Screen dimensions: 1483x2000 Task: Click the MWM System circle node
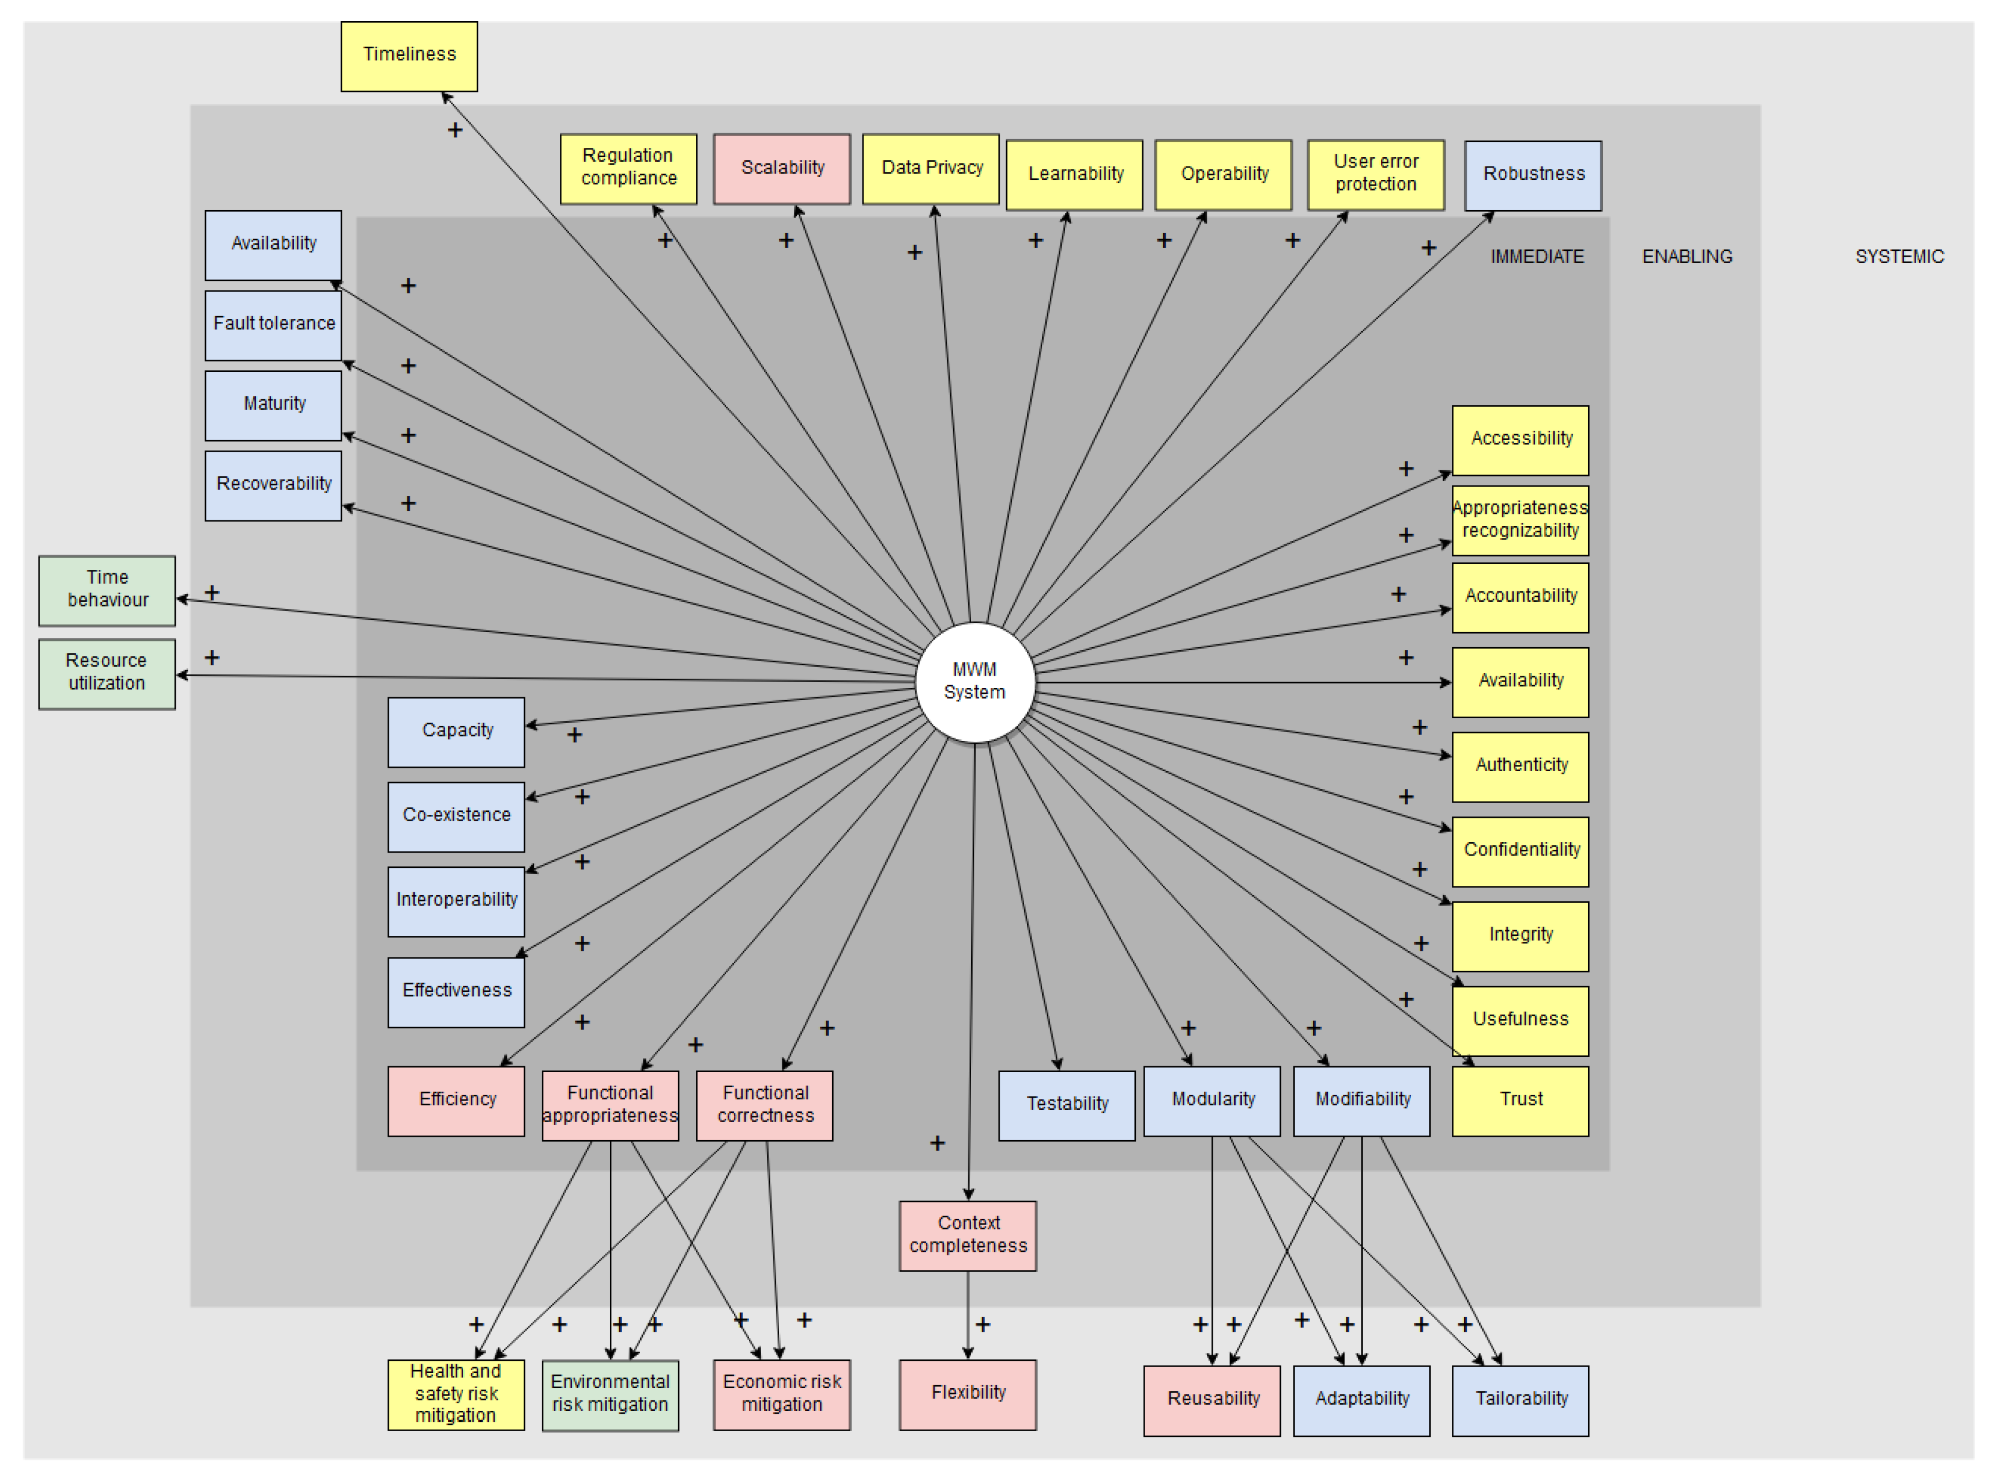click(x=975, y=682)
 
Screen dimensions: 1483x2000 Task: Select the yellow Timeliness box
click(x=409, y=56)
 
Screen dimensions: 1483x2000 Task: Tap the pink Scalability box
click(x=781, y=169)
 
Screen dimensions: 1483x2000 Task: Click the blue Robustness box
click(x=1533, y=175)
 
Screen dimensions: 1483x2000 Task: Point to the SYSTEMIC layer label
click(x=1899, y=257)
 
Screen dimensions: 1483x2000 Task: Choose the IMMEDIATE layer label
click(x=1536, y=257)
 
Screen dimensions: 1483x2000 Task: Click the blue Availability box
click(x=273, y=244)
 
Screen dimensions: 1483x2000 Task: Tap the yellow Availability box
click(x=1520, y=682)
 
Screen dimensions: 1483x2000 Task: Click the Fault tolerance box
click(x=273, y=324)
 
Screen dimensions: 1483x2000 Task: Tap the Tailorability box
click(x=1520, y=1400)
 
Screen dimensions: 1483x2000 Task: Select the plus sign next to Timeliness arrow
click(x=455, y=130)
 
